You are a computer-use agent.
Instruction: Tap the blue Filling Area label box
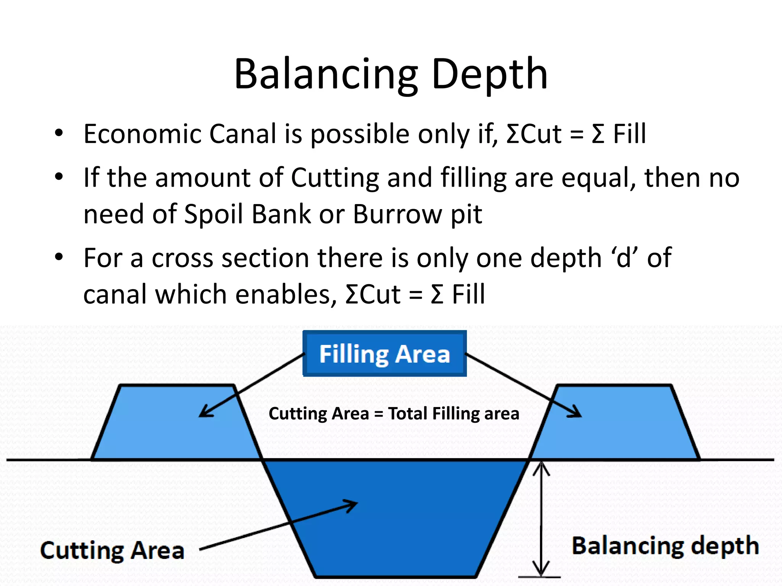(x=385, y=354)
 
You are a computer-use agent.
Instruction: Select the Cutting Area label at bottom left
(x=112, y=551)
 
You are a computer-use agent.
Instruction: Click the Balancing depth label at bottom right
(x=665, y=546)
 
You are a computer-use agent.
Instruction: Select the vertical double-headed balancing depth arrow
(x=541, y=519)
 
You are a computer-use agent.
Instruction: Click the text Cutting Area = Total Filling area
(x=394, y=414)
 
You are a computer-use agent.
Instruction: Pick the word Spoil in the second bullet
(x=213, y=214)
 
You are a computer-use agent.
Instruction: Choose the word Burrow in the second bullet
(x=397, y=214)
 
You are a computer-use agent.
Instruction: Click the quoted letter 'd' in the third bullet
(x=624, y=258)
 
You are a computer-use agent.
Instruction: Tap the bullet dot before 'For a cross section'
(x=58, y=257)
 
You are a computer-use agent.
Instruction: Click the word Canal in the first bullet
(x=242, y=134)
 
